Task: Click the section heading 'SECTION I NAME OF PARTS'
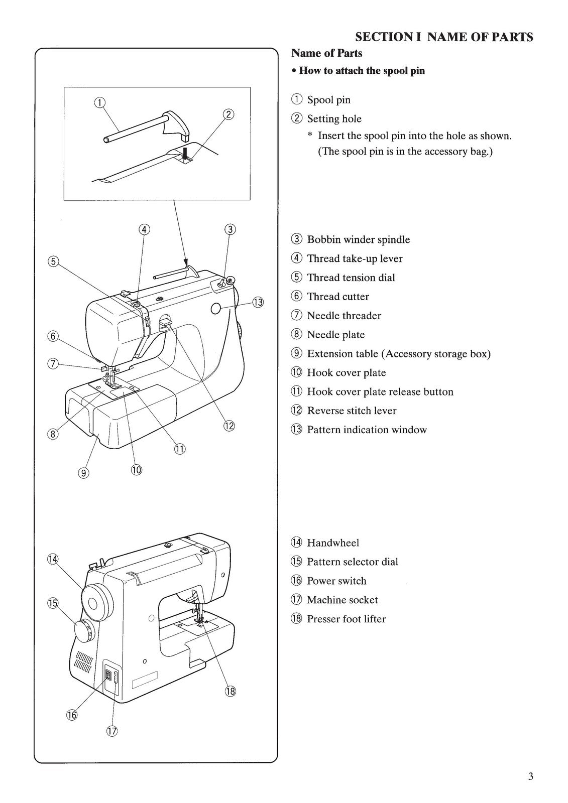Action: pyautogui.click(x=444, y=37)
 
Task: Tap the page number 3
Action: pyautogui.click(x=530, y=777)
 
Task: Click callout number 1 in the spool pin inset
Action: pyautogui.click(x=99, y=102)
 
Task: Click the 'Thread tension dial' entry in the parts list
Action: pyautogui.click(x=351, y=278)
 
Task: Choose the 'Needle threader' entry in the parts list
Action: pyautogui.click(x=344, y=316)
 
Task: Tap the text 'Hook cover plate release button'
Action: pyautogui.click(x=380, y=392)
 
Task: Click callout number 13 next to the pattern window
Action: pyautogui.click(x=258, y=302)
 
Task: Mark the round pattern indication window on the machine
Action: pyautogui.click(x=216, y=309)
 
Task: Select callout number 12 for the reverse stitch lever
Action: pyautogui.click(x=229, y=426)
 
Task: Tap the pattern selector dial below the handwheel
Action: pyautogui.click(x=84, y=630)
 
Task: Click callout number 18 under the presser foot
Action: pyautogui.click(x=230, y=692)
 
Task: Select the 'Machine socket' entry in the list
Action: pyautogui.click(x=342, y=600)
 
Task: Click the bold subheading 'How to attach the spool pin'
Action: pyautogui.click(x=362, y=71)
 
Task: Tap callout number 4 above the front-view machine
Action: pyautogui.click(x=144, y=229)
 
